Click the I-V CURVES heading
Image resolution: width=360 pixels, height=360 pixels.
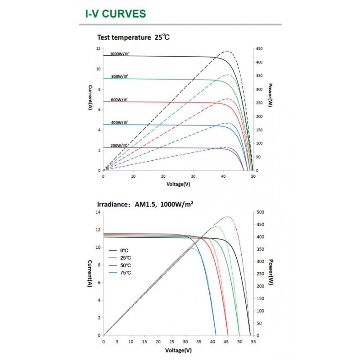[x=116, y=13]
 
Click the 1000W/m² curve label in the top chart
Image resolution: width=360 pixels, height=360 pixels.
[x=119, y=54]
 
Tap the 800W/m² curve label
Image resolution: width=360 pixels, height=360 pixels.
[x=119, y=76]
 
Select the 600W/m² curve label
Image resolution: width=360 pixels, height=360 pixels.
[x=119, y=99]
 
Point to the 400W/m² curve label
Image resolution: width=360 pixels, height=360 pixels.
[x=119, y=122]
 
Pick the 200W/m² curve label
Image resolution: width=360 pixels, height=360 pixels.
[x=119, y=145]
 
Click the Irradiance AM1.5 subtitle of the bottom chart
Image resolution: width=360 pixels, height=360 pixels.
[x=145, y=204]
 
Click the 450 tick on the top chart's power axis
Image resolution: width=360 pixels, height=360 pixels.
[x=260, y=49]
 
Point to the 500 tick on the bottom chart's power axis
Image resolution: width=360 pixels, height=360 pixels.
[x=260, y=212]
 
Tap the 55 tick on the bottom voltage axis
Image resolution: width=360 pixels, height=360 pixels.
[x=253, y=342]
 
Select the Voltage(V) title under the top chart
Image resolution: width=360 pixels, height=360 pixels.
[x=179, y=184]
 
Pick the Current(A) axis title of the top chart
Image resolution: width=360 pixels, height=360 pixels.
[x=90, y=97]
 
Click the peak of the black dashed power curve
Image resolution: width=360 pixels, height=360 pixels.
[x=228, y=51]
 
